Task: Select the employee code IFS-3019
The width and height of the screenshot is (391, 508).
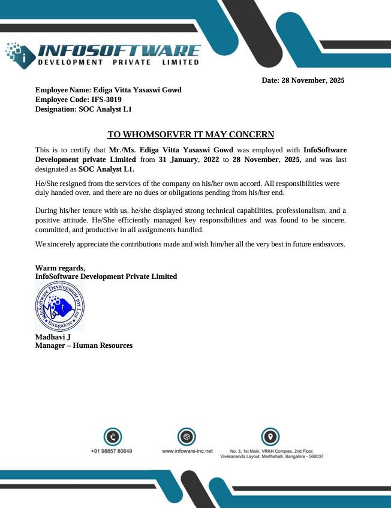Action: (x=107, y=100)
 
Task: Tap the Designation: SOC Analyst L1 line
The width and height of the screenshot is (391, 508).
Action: (x=83, y=109)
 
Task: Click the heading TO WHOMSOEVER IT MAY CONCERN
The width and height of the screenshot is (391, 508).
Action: (x=191, y=134)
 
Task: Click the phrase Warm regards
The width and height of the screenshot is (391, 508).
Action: (x=60, y=267)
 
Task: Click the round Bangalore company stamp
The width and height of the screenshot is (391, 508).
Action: (x=59, y=308)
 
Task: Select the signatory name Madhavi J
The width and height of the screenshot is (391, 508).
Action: (x=53, y=337)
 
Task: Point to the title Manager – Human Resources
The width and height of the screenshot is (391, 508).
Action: (x=84, y=345)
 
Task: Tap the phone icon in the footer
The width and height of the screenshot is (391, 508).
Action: (x=113, y=437)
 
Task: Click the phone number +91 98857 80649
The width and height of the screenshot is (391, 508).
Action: (x=112, y=451)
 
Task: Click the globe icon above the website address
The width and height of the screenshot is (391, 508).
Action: (x=187, y=437)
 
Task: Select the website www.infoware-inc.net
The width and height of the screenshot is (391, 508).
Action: (x=187, y=451)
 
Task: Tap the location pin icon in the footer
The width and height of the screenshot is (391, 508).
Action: (x=270, y=437)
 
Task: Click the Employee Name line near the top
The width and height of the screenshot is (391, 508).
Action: (x=108, y=90)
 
